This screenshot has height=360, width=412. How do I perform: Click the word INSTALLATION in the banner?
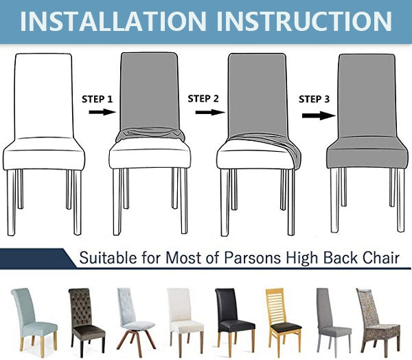[113, 21]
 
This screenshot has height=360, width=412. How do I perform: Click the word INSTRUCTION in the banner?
[304, 21]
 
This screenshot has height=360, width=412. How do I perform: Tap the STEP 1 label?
[97, 99]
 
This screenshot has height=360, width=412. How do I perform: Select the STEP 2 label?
[203, 99]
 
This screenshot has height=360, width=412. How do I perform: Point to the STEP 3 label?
[314, 99]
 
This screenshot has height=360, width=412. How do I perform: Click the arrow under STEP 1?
[102, 112]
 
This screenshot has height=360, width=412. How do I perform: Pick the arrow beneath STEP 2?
[210, 112]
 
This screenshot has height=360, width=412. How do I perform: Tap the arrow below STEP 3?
[319, 115]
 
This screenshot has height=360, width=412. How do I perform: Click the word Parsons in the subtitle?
[252, 258]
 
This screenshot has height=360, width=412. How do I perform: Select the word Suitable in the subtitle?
[108, 258]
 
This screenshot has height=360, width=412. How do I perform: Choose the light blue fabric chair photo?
[34, 319]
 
